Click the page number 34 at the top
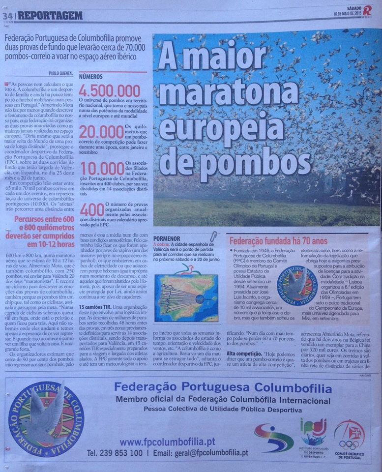7,15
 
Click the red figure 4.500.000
110,91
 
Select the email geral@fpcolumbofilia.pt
208,453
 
